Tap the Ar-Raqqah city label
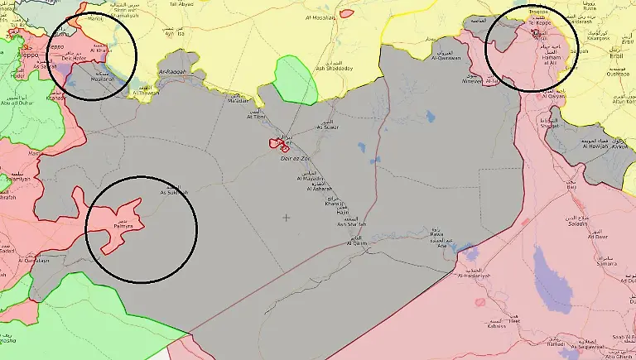[x=173, y=73]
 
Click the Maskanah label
[x=105, y=79]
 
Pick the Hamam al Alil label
[x=547, y=76]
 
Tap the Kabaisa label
[x=494, y=325]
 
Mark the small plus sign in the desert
[x=287, y=218]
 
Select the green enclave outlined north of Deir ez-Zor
[x=296, y=79]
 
